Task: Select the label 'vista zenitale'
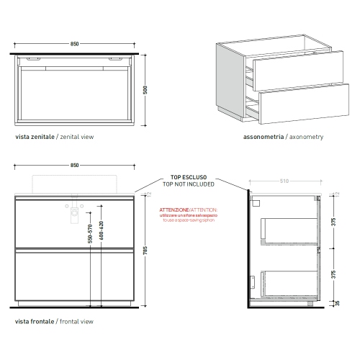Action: tap(33, 135)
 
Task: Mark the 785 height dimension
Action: tap(146, 252)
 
